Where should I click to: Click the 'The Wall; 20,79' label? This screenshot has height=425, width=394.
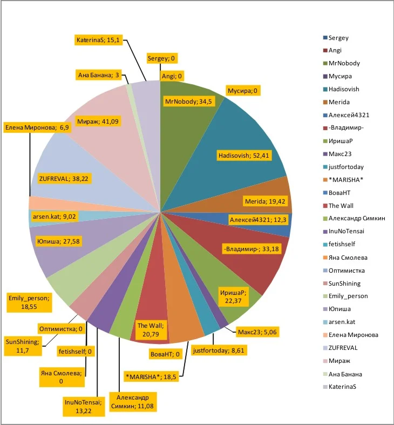151,330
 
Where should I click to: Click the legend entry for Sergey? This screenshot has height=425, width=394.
338,38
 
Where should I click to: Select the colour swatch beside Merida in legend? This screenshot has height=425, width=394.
325,103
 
